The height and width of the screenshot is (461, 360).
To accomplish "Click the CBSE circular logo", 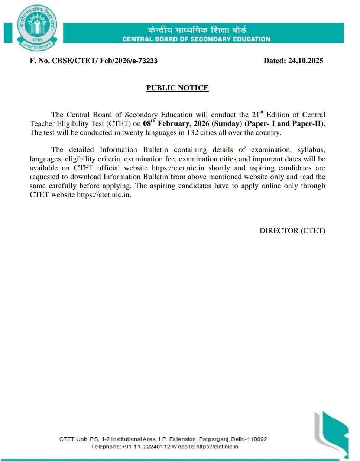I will click(36, 29).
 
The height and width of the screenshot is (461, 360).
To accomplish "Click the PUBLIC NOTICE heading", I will click(177, 88).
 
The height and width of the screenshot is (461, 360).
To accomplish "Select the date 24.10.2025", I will click(305, 61).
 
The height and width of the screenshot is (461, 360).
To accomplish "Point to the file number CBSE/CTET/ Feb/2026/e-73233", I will click(104, 61).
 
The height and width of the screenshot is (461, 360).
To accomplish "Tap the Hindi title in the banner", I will click(197, 30).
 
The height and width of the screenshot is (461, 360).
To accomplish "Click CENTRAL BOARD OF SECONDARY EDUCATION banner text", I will click(196, 39).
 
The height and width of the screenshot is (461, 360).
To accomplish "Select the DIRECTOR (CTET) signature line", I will click(292, 230).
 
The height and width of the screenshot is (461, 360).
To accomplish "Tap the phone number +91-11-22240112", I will click(146, 447).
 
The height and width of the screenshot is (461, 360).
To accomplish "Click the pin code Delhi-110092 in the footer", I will click(249, 439).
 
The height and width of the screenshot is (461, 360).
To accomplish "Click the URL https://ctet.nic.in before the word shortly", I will click(178, 168).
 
